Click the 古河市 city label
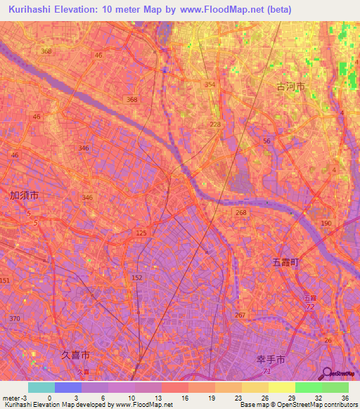(x=290, y=86)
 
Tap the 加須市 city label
(x=24, y=195)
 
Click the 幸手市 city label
(x=270, y=359)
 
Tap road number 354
(x=210, y=84)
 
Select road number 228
(x=215, y=124)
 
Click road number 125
(x=141, y=232)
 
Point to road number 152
(x=137, y=278)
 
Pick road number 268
(x=241, y=213)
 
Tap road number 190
(x=326, y=223)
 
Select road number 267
(x=240, y=315)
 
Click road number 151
(x=5, y=280)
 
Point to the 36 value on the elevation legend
(x=344, y=398)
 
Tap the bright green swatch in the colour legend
(x=308, y=387)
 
